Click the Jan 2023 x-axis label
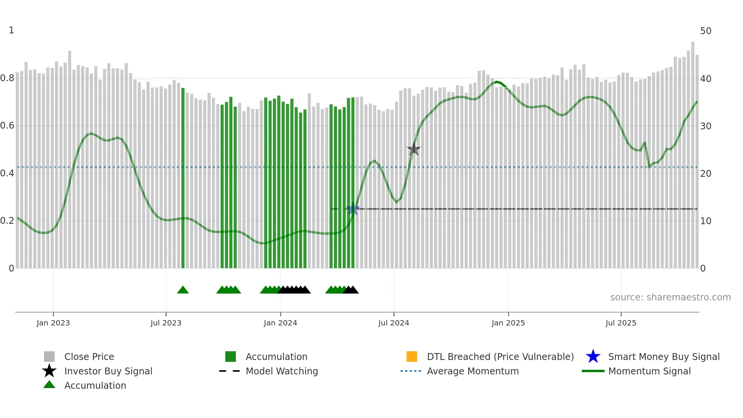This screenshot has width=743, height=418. coord(53,323)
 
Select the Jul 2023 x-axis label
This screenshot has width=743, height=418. coord(166,323)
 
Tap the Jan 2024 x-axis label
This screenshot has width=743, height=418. coord(280,323)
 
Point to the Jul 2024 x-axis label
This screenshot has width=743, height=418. coord(393,323)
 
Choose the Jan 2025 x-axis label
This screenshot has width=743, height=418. coord(508,323)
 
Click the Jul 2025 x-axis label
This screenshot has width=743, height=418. coord(621,323)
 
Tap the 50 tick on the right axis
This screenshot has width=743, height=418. coord(705,31)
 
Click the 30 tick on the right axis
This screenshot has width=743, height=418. coord(705,126)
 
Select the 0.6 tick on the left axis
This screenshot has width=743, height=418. coord(7,126)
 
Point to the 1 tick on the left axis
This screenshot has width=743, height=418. coord(11,30)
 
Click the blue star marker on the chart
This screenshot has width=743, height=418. coord(353,209)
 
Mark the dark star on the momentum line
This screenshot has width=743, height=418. coord(414,149)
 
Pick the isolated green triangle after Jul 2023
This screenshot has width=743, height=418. coord(183,290)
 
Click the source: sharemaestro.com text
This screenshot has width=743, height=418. coord(670,297)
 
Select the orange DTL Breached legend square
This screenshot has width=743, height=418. coord(412,357)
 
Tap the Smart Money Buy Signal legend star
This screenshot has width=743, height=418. coord(593,357)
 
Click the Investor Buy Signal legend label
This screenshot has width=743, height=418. coord(108,371)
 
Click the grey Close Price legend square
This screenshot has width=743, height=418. coord(49,357)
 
